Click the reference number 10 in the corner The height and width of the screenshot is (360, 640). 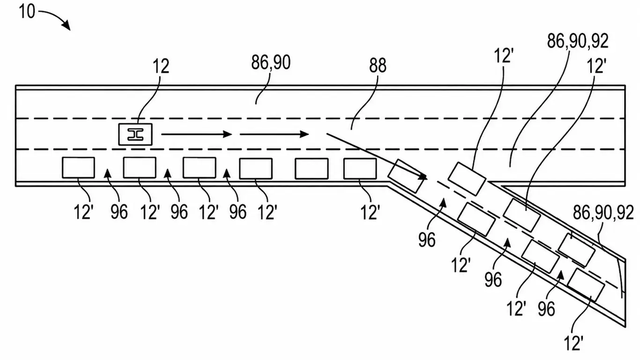coord(27,12)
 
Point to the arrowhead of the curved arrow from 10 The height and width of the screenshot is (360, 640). coord(67,26)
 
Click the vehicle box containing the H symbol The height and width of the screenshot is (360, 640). coord(135,135)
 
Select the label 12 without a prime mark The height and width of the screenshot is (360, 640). coord(161,67)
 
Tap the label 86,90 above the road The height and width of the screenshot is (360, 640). coord(271,63)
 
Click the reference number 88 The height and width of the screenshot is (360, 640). coord(378,66)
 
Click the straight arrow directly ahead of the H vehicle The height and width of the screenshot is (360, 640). coord(197,134)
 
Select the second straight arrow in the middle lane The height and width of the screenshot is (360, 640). coord(274,134)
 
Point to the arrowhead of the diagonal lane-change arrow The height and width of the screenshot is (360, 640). coord(423,177)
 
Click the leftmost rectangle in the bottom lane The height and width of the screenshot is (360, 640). coord(78,167)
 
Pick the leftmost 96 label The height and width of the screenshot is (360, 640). coord(119,212)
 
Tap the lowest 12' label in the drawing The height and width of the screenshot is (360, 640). coord(573,343)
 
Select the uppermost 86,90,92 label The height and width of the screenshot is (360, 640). coord(578,41)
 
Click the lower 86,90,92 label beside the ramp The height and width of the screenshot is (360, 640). coord(603,213)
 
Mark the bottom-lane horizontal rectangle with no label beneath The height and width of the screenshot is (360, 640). coord(312,169)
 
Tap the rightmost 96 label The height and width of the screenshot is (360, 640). coord(546,309)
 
